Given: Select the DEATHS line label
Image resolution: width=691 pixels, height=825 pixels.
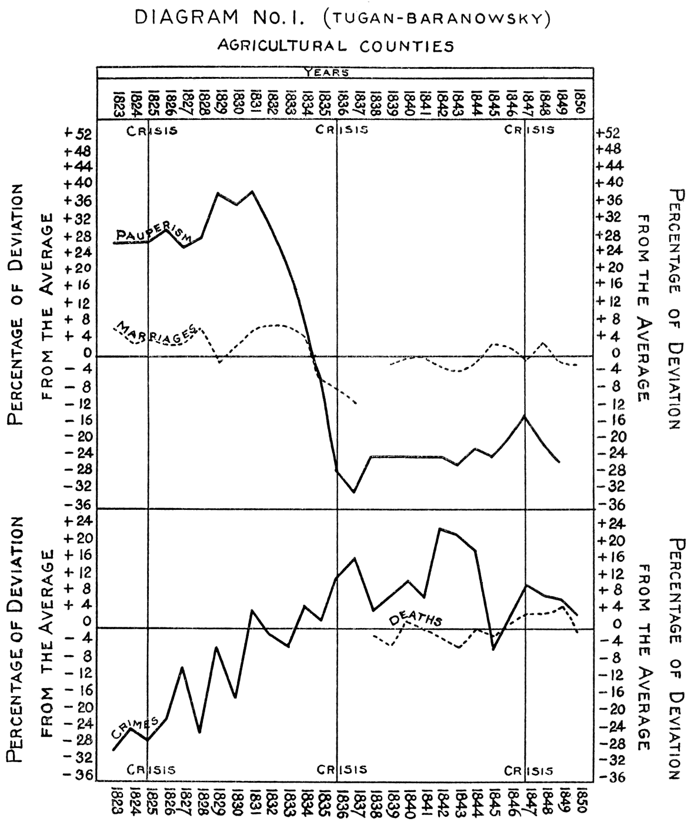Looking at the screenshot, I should pyautogui.click(x=415, y=618).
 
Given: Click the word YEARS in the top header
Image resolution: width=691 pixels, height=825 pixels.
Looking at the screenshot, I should pyautogui.click(x=326, y=73).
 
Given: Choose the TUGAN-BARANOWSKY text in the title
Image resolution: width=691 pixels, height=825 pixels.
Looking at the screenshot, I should pyautogui.click(x=436, y=19).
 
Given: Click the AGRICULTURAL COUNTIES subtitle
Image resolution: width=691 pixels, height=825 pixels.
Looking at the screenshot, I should pyautogui.click(x=336, y=46).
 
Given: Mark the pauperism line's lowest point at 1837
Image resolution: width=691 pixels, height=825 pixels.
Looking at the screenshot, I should pyautogui.click(x=354, y=492).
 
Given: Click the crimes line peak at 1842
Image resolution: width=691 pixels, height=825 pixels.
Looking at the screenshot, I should pyautogui.click(x=439, y=529).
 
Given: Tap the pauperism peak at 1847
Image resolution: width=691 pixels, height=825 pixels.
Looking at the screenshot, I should pyautogui.click(x=524, y=416).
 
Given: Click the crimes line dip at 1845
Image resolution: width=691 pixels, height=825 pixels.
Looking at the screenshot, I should pyautogui.click(x=493, y=649).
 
